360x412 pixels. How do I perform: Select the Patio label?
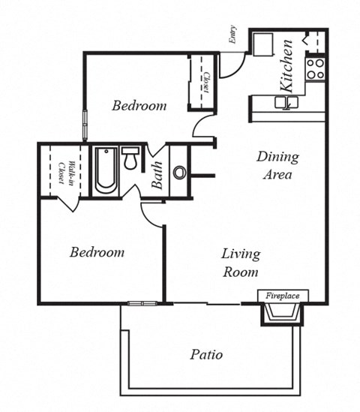coord(205,354)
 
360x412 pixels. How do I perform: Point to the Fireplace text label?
coord(283,296)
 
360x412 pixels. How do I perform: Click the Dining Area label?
coord(277,166)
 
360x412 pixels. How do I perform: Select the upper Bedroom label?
coord(139,106)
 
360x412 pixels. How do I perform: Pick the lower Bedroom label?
coord(97,252)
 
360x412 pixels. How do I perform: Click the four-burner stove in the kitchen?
coord(315,69)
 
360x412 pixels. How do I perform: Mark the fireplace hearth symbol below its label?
coord(283,313)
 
